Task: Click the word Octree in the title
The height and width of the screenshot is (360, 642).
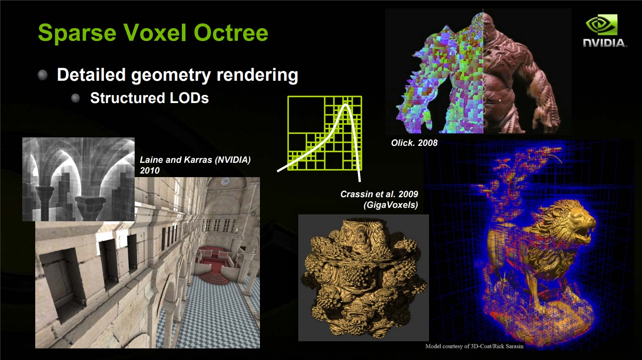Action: click(231, 33)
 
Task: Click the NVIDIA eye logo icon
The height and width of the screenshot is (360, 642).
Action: click(601, 25)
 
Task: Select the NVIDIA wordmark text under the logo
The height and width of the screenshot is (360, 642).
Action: click(605, 43)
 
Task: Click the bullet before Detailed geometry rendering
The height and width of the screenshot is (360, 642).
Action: click(43, 75)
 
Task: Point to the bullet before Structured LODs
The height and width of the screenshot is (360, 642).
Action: click(75, 99)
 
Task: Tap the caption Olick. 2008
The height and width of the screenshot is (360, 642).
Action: click(414, 143)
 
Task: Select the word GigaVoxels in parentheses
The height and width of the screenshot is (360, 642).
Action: click(391, 205)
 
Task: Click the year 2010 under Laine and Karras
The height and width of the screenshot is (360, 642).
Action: click(150, 171)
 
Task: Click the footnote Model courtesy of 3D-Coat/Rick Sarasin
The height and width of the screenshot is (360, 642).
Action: click(474, 346)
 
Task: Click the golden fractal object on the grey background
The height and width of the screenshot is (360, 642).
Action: click(363, 277)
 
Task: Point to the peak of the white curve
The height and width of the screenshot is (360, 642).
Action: click(346, 105)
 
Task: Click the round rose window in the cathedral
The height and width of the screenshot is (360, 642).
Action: click(226, 181)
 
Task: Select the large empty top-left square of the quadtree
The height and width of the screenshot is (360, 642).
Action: click(306, 115)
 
